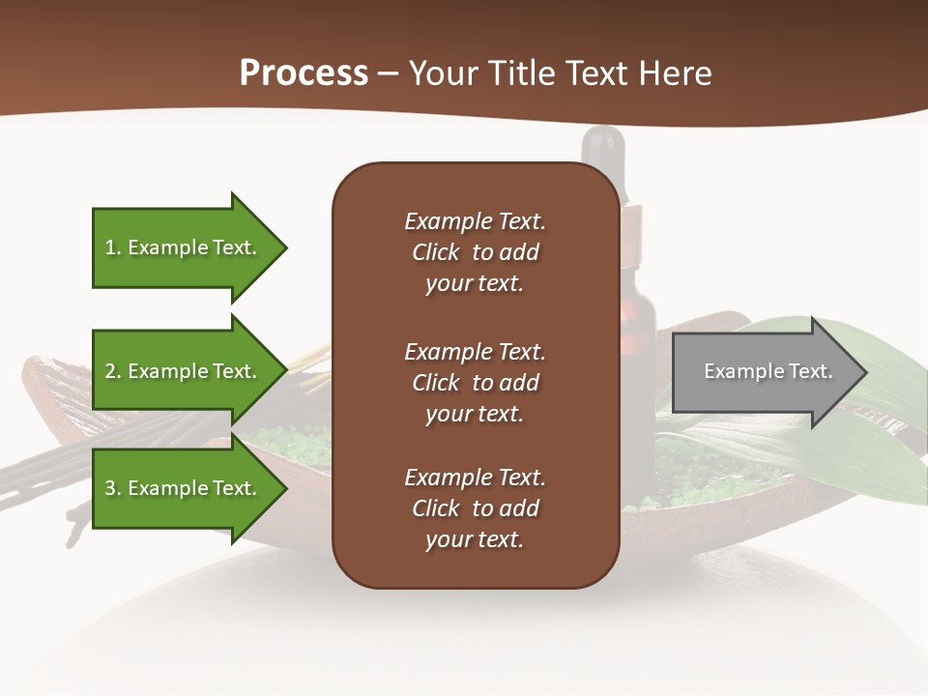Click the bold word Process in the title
click(304, 73)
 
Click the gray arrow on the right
click(764, 372)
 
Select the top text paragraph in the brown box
click(475, 252)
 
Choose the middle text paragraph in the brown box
click(475, 383)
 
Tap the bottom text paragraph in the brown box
click(475, 508)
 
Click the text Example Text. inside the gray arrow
click(768, 371)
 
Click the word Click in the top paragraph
click(435, 252)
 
